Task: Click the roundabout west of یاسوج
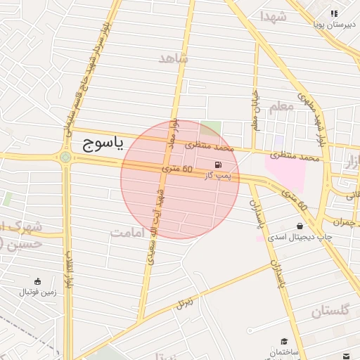65,157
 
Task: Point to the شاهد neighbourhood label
174,59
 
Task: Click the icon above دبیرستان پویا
335,13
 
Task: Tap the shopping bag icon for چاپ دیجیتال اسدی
301,226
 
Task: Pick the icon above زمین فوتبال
37,281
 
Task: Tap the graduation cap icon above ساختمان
284,340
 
